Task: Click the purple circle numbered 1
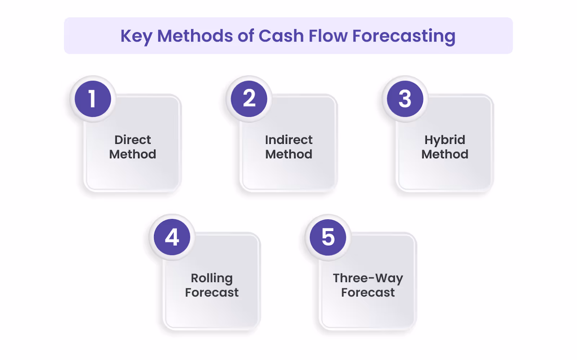(x=93, y=99)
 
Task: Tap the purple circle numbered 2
(x=249, y=99)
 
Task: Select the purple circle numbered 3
(x=405, y=99)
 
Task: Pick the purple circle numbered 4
(x=172, y=237)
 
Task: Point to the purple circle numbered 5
(x=328, y=237)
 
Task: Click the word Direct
(x=133, y=140)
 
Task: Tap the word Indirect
(x=289, y=140)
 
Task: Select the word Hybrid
(x=445, y=140)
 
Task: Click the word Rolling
(x=212, y=278)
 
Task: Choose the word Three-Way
(x=368, y=278)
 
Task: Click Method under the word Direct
(x=133, y=154)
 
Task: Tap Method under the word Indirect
(x=289, y=154)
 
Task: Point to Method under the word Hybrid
(x=445, y=154)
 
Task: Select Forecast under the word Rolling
(x=212, y=293)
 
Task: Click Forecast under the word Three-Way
(x=368, y=293)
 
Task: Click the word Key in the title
(x=136, y=36)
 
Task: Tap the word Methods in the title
(x=195, y=36)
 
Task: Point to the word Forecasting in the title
(x=404, y=36)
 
